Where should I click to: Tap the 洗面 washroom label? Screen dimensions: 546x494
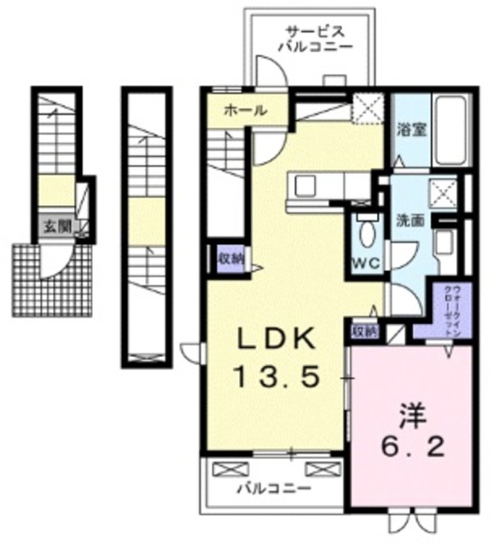click(410, 219)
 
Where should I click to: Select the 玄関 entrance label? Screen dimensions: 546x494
click(58, 228)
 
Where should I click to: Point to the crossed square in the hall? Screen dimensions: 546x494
click(370, 109)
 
